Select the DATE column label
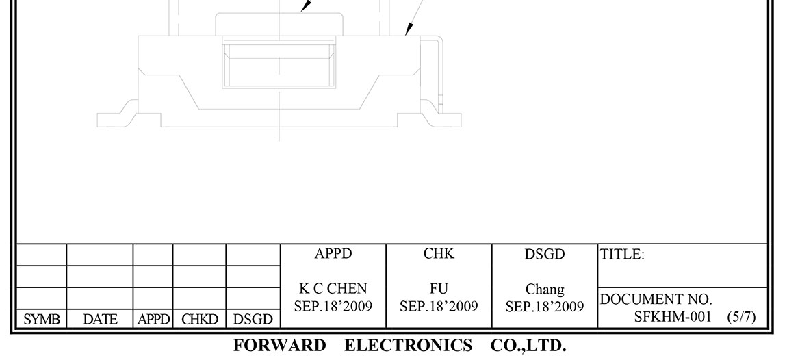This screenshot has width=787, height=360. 100,320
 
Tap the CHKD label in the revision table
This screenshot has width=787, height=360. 199,320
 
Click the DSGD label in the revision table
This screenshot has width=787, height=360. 253,320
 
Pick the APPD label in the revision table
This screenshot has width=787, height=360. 153,320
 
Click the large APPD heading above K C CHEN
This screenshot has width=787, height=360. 333,255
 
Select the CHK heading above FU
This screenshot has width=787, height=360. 439,255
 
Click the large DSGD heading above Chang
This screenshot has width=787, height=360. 545,255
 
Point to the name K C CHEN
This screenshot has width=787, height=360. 333,290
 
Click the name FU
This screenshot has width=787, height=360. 439,290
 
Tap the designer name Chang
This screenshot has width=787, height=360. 545,290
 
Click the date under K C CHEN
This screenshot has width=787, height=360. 333,305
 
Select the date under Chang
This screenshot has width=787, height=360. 545,306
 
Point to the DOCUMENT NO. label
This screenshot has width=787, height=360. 656,300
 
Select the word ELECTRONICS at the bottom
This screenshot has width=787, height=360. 408,345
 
